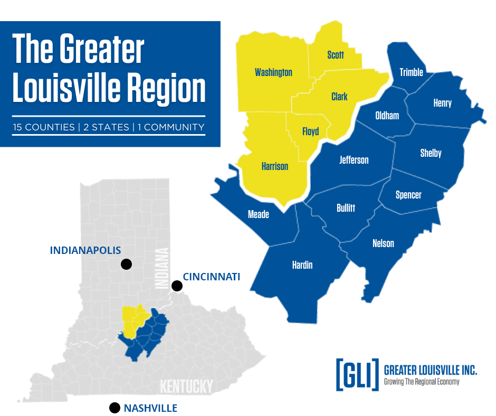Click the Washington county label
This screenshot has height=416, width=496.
tap(273, 72)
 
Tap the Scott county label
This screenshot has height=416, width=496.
tap(336, 55)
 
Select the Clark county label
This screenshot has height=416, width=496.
tap(339, 97)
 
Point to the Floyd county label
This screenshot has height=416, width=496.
tap(310, 131)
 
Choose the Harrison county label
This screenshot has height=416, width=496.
tap(275, 166)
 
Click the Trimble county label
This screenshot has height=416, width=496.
tap(411, 72)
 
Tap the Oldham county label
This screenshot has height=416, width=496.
tap(387, 115)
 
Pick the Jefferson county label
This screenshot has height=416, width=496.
tap(354, 159)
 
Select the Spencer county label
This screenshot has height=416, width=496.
tap(408, 195)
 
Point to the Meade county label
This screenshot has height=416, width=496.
tap(259, 214)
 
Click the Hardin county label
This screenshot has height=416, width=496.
tap(302, 264)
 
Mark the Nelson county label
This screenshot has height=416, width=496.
tap(383, 243)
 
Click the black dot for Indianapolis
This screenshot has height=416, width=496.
tap(126, 264)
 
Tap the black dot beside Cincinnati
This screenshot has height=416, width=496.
tap(177, 286)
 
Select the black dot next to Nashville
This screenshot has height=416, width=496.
tap(113, 408)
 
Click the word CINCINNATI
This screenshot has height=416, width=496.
tap(212, 276)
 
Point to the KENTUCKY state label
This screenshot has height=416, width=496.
tap(186, 386)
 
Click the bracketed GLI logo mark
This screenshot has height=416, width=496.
tap(357, 374)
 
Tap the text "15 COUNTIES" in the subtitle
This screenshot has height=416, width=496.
tap(45, 127)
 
